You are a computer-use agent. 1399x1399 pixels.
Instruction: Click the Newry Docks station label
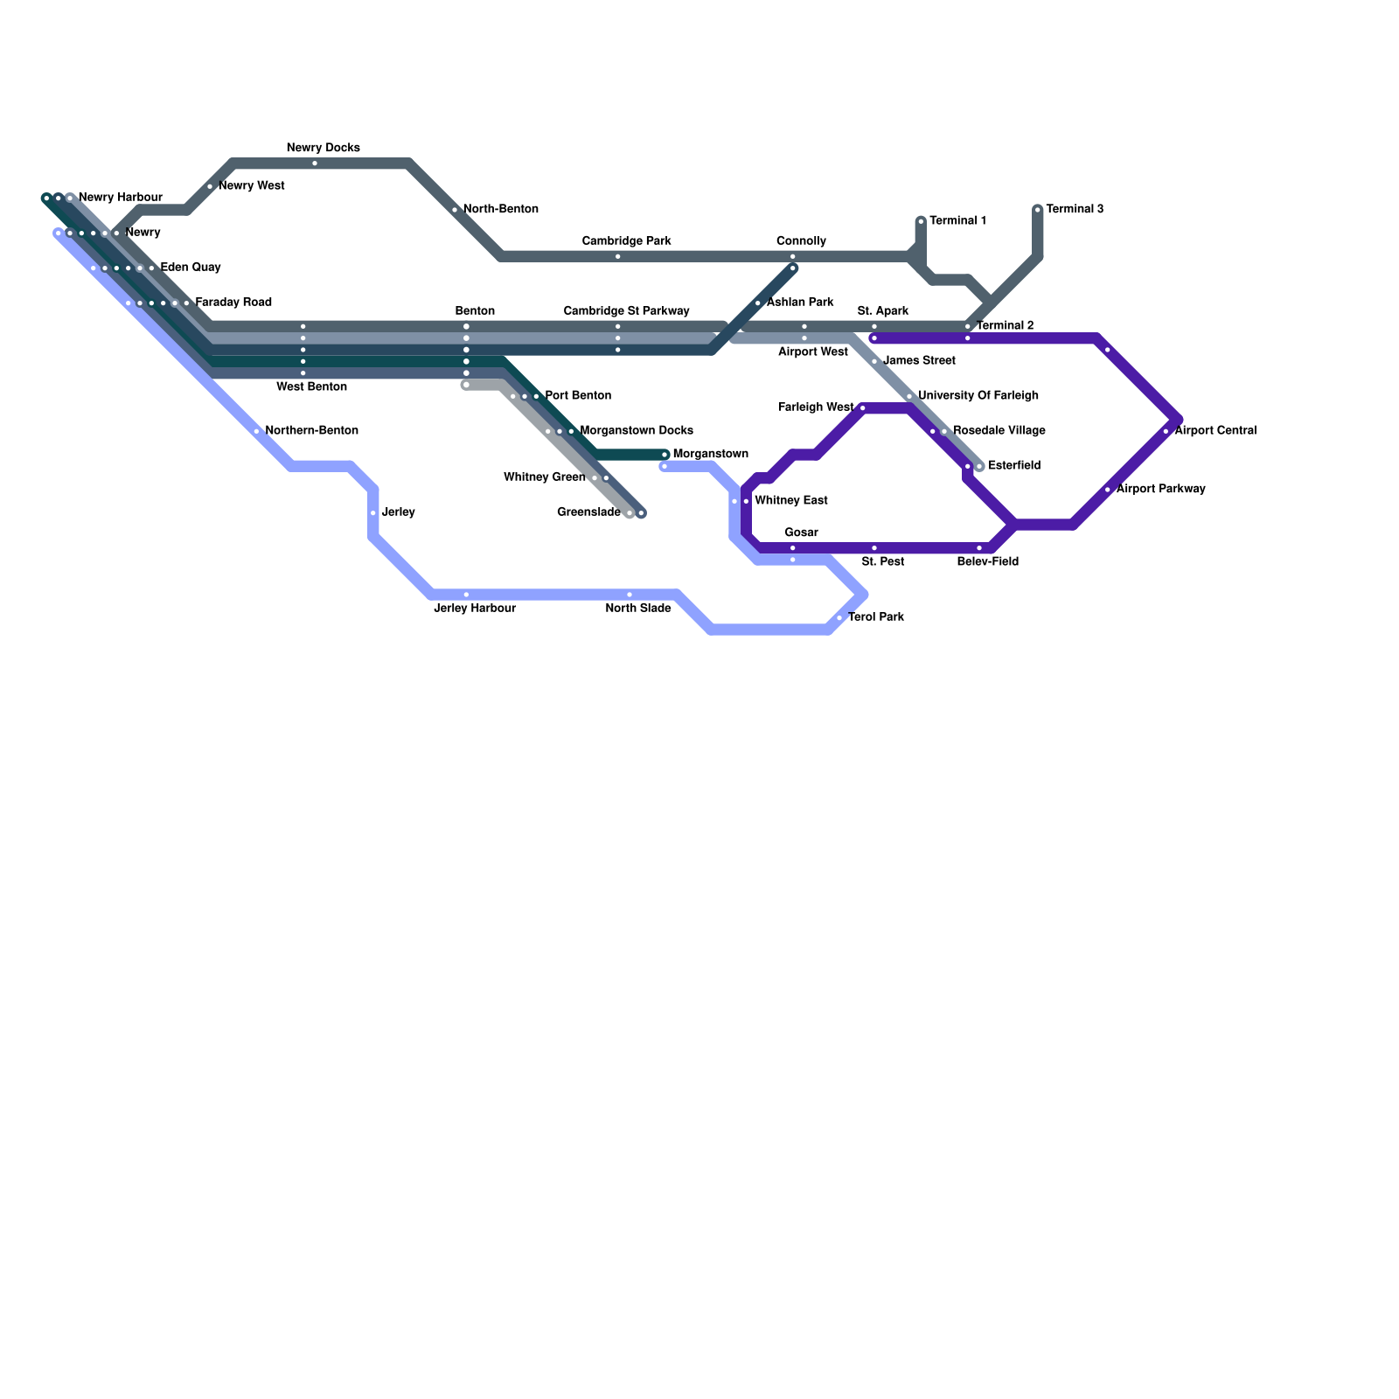323,149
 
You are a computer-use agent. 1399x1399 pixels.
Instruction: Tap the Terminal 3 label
1074,209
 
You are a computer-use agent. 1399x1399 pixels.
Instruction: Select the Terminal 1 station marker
921,221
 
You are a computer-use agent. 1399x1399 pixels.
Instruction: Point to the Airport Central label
1215,431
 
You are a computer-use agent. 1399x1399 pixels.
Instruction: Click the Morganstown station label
710,454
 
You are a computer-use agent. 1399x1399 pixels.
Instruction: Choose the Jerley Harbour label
475,609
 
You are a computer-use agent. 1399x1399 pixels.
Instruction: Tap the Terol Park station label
875,617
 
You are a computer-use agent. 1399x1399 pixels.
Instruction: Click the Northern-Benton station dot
256,431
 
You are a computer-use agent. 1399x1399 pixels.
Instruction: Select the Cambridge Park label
626,241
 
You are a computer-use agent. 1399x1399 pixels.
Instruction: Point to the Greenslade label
588,512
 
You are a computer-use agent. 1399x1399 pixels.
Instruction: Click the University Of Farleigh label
978,396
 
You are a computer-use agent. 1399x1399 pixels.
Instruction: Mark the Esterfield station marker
979,466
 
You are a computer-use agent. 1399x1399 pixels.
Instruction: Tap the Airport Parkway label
1160,489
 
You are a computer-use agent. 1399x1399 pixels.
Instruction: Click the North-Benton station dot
455,210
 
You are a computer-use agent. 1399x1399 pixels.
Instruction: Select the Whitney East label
790,501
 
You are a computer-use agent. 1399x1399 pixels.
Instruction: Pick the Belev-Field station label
987,562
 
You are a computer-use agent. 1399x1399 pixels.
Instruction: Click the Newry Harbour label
120,198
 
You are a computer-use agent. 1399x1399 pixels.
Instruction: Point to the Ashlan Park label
799,303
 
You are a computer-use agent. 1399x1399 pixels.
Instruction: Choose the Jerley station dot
373,512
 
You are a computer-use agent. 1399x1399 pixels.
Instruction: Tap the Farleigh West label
815,407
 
